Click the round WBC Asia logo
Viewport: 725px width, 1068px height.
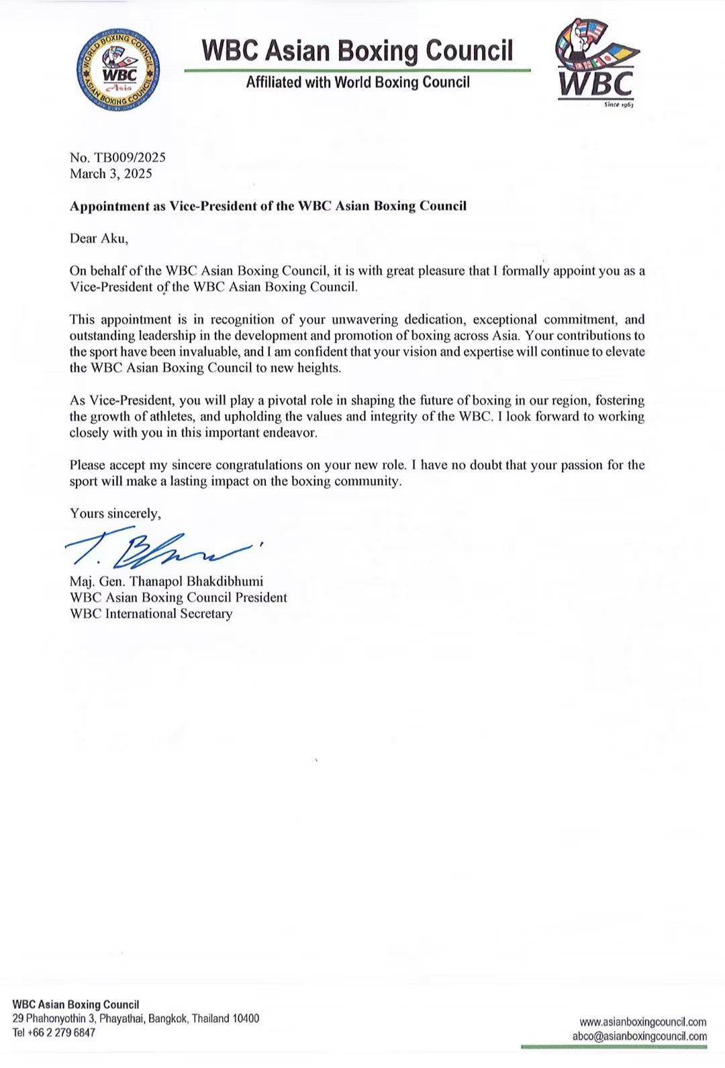(x=118, y=70)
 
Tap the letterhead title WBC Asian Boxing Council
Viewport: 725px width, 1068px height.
(x=357, y=50)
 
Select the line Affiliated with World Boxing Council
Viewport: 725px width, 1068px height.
(x=358, y=83)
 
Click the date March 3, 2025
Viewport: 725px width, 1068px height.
(x=111, y=174)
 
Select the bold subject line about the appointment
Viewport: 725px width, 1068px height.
(x=268, y=206)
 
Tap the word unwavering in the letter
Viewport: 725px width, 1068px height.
(x=360, y=320)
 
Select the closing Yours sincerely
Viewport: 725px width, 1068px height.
(x=115, y=514)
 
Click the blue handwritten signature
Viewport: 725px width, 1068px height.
(x=161, y=551)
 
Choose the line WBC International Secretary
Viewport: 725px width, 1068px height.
(x=151, y=614)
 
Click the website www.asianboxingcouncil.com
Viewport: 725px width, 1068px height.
(x=642, y=1022)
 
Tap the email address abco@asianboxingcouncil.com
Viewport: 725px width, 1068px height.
(x=639, y=1036)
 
